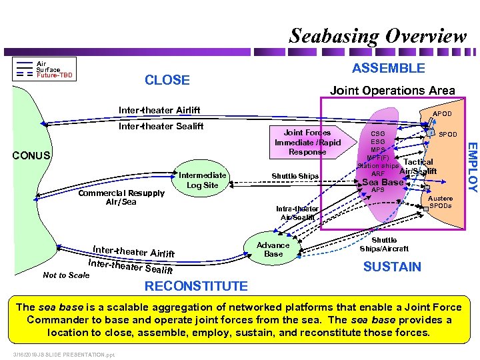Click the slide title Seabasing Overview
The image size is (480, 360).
click(x=377, y=35)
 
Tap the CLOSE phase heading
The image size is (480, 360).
click(x=167, y=80)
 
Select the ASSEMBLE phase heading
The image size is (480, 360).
click(x=388, y=68)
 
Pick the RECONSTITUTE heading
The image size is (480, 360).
click(x=196, y=286)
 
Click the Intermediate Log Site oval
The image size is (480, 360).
click(x=202, y=180)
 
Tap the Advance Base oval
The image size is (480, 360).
click(x=273, y=249)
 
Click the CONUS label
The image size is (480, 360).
click(x=32, y=155)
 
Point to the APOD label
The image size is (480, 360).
click(x=442, y=114)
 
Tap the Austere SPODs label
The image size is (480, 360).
click(x=440, y=202)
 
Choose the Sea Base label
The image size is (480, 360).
click(x=383, y=182)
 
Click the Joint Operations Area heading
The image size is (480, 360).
click(x=393, y=90)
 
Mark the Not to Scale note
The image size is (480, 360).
click(x=66, y=275)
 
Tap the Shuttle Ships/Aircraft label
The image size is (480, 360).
click(x=383, y=244)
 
